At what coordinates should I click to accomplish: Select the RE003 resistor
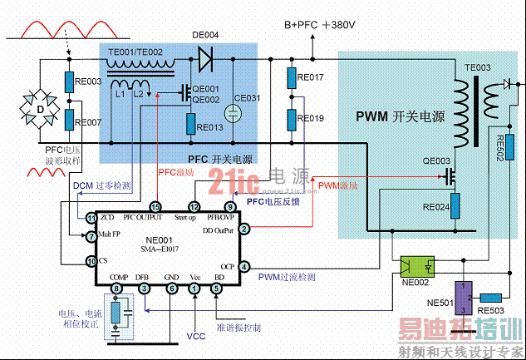point(71,82)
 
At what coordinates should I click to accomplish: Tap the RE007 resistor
point(71,121)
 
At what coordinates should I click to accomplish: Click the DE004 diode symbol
point(204,58)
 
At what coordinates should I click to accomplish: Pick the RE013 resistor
point(191,128)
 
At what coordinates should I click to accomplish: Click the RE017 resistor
point(292,77)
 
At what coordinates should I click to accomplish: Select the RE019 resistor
point(292,118)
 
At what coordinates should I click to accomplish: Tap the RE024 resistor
point(455,206)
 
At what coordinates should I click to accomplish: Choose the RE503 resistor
point(490,297)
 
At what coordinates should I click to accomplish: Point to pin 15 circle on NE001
point(155,206)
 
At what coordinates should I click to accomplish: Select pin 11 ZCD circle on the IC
point(92,217)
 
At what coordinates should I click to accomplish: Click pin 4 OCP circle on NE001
point(244,267)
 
